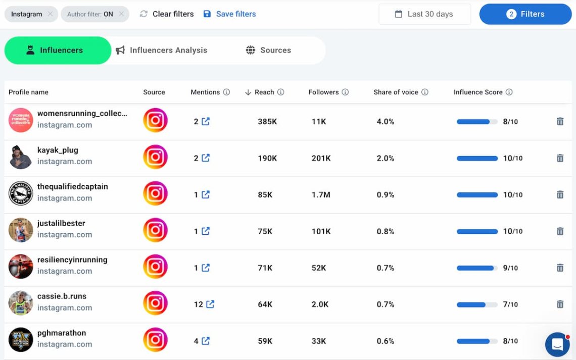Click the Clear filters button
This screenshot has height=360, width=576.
click(x=167, y=14)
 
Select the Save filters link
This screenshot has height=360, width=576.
click(x=230, y=14)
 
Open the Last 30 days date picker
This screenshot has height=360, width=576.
click(x=424, y=14)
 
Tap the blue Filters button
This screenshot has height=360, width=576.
click(x=525, y=14)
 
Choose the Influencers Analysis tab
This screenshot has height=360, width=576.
click(x=162, y=50)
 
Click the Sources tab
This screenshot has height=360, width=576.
click(x=268, y=50)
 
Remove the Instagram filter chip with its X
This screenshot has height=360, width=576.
click(x=50, y=14)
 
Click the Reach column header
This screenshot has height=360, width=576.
click(x=264, y=92)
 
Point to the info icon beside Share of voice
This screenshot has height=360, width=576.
click(x=425, y=92)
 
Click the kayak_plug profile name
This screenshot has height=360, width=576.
click(x=58, y=150)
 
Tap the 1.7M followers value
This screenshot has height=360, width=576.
click(x=321, y=195)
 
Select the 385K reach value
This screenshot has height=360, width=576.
click(x=267, y=122)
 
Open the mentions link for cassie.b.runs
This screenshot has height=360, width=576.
click(x=210, y=304)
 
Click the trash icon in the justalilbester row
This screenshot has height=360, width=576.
click(x=560, y=231)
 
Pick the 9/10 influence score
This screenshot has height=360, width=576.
click(x=510, y=268)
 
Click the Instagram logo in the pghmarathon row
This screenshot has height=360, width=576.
click(x=155, y=340)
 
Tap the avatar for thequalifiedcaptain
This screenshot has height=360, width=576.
click(x=21, y=193)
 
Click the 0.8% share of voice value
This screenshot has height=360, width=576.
click(x=386, y=231)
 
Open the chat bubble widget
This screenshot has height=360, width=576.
click(x=557, y=344)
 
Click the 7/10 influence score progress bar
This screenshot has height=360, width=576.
click(x=476, y=304)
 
